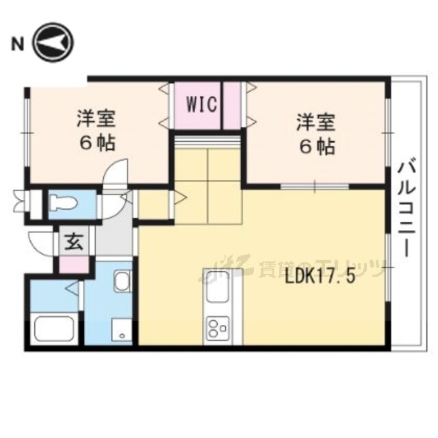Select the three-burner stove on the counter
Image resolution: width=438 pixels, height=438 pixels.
coord(218,329)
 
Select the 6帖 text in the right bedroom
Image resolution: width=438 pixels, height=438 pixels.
coord(315,145)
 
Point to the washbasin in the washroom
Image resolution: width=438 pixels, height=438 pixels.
coord(123,282)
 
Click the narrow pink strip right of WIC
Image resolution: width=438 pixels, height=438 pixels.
coord(232,105)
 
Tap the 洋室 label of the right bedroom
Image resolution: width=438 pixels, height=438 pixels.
coord(315,123)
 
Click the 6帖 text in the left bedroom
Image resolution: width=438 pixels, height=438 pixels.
coord(96,143)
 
